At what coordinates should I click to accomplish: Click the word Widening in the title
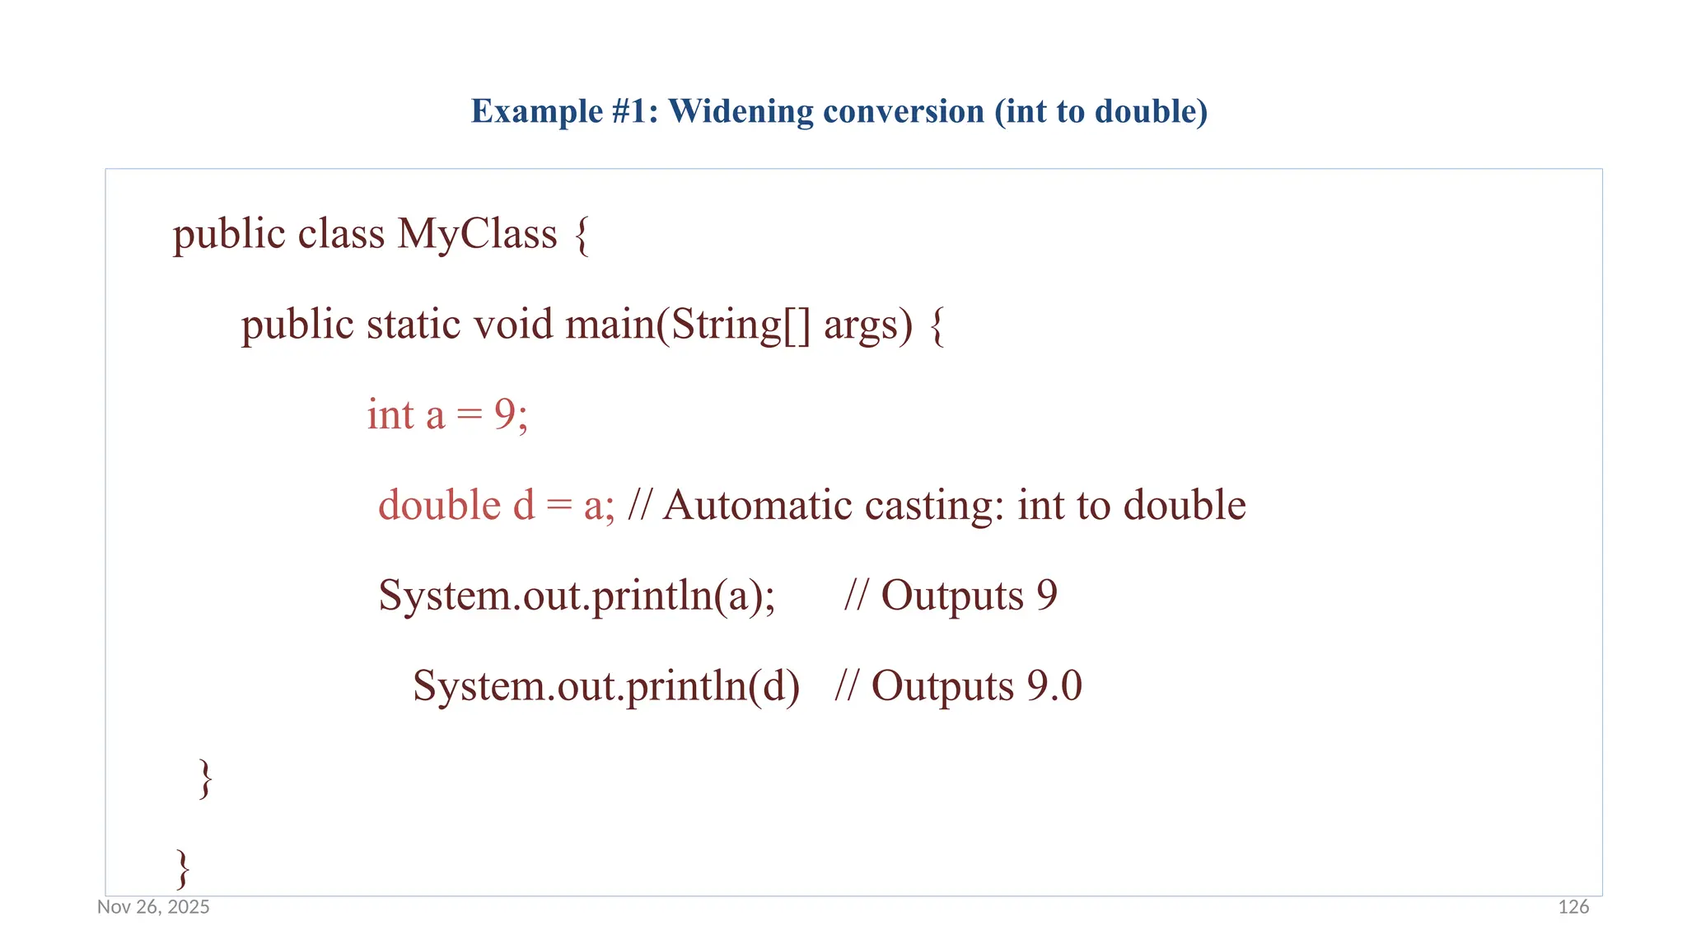[740, 111]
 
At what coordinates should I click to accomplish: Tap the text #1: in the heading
[635, 111]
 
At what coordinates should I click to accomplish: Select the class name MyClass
[477, 234]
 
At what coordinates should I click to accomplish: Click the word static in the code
[414, 324]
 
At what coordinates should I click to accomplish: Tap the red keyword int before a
[390, 414]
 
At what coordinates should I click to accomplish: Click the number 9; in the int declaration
[511, 414]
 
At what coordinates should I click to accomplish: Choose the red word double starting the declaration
[439, 505]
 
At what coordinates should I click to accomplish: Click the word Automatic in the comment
[757, 505]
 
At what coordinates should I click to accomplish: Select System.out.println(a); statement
[577, 596]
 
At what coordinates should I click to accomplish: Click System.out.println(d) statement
[606, 686]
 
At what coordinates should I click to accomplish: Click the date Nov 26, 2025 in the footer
[153, 907]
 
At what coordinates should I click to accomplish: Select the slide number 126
[1573, 907]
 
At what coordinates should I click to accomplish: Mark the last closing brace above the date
[183, 868]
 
